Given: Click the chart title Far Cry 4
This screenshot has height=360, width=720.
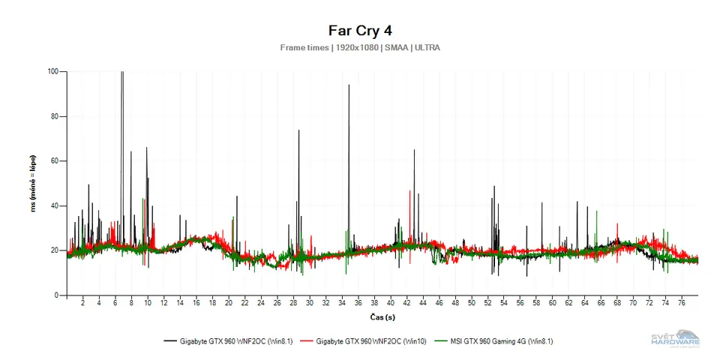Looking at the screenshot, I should [360, 31].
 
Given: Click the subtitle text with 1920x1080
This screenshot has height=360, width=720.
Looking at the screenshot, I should [360, 47].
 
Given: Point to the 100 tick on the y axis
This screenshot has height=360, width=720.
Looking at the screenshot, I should [52, 72].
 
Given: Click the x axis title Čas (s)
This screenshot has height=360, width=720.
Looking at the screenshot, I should [383, 318].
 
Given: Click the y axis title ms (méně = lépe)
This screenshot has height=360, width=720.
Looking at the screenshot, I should [33, 184].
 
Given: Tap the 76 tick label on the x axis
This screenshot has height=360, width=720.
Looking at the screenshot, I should [682, 304].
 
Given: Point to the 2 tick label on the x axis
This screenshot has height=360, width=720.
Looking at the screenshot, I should [82, 304].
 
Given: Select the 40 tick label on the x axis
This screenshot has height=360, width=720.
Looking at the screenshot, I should [390, 304].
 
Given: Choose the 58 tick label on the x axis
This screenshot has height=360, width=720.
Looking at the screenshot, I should [536, 304].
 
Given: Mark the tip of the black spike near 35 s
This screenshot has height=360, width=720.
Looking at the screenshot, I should [349, 85].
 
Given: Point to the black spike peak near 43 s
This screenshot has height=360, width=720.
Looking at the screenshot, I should [414, 150].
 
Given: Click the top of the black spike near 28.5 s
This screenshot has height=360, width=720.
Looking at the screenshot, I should [298, 130].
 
